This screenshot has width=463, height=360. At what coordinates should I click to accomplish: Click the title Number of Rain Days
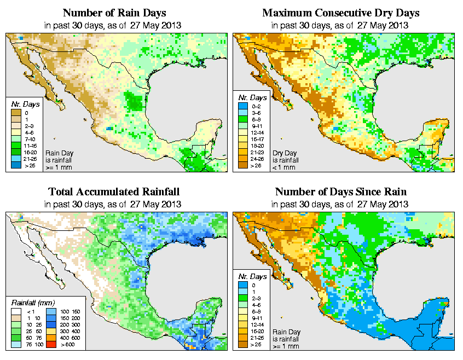click(114, 12)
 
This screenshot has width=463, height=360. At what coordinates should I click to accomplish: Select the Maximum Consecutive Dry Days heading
click(341, 12)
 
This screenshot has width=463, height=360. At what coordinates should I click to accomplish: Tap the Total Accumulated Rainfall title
click(114, 191)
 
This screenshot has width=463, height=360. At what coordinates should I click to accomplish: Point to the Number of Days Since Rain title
click(341, 191)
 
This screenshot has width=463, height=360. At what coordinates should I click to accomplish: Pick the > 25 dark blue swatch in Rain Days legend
click(16, 165)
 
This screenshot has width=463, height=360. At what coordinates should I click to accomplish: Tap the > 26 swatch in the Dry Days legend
click(244, 165)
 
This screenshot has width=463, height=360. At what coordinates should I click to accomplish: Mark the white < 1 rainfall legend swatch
click(16, 312)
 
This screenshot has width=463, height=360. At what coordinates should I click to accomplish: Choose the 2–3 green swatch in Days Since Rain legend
click(244, 298)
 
